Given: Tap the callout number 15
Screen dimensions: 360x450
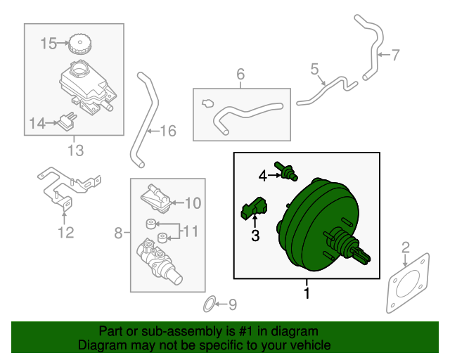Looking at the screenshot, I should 47,44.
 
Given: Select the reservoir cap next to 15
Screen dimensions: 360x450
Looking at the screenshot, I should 79,45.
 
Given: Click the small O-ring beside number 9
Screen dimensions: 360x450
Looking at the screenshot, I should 209,304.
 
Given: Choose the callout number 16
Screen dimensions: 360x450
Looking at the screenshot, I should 167,131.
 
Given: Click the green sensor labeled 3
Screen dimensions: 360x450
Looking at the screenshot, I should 255,209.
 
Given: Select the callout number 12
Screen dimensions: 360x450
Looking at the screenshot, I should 65,233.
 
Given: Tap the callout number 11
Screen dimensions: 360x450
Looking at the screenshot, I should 192,230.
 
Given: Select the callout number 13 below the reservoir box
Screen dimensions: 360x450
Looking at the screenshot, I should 75,150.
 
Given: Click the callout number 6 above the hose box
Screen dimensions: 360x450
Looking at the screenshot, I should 240,74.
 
